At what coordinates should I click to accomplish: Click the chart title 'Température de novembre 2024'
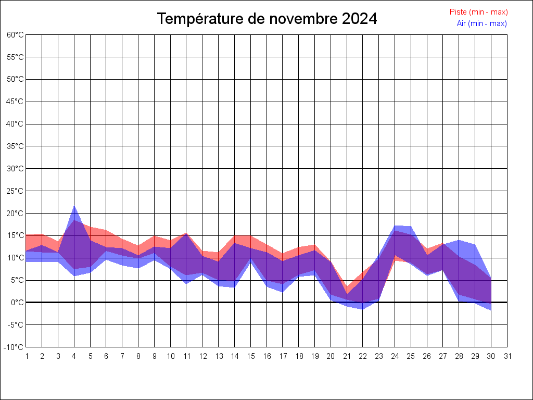coord(267,19)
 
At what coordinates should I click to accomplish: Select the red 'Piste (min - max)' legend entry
coord(478,12)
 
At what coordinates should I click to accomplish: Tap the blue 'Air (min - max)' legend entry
coord(481,23)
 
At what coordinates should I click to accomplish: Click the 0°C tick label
coord(17,302)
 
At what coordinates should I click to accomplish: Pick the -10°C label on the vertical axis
coord(15,347)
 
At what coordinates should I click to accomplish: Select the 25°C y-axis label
coord(15,191)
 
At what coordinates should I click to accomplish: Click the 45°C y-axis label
coord(15,102)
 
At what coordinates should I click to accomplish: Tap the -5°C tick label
coord(16,324)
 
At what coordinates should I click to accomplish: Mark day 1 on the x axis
coord(26,356)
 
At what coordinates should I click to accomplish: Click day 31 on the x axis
coord(507,356)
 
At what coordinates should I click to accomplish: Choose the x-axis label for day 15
coord(251,356)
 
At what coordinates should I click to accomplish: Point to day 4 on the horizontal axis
coord(74,356)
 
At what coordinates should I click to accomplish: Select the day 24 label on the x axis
coord(395,356)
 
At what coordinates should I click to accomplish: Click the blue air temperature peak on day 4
coord(74,207)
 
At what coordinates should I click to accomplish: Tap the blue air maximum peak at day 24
coord(395,226)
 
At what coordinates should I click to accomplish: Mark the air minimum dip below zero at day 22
coord(363,308)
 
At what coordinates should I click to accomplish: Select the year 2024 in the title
coord(360,19)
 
